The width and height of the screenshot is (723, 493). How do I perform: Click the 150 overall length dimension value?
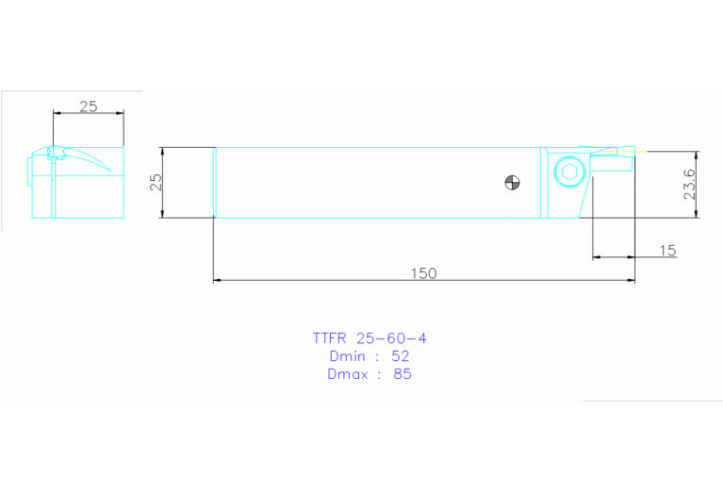click(x=423, y=273)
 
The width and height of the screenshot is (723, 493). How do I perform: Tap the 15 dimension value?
click(x=667, y=250)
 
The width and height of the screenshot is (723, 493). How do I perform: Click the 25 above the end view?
click(x=88, y=106)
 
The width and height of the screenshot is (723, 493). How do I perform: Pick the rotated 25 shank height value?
click(x=157, y=182)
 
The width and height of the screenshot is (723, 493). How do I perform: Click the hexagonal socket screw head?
click(x=567, y=173)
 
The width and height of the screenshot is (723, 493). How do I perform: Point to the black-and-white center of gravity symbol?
click(x=512, y=182)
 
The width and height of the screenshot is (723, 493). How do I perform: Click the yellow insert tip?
click(x=631, y=150)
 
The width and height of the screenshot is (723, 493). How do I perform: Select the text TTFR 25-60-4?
click(x=362, y=337)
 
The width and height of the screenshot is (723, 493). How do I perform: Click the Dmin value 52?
click(x=400, y=355)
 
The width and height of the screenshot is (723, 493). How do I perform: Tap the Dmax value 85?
click(x=402, y=373)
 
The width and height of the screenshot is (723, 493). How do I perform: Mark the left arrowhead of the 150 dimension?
click(x=218, y=280)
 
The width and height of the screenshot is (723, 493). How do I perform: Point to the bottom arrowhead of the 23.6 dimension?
click(x=697, y=214)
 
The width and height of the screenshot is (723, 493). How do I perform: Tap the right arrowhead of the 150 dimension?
click(x=631, y=280)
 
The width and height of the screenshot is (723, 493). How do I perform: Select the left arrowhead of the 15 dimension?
click(x=595, y=256)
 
